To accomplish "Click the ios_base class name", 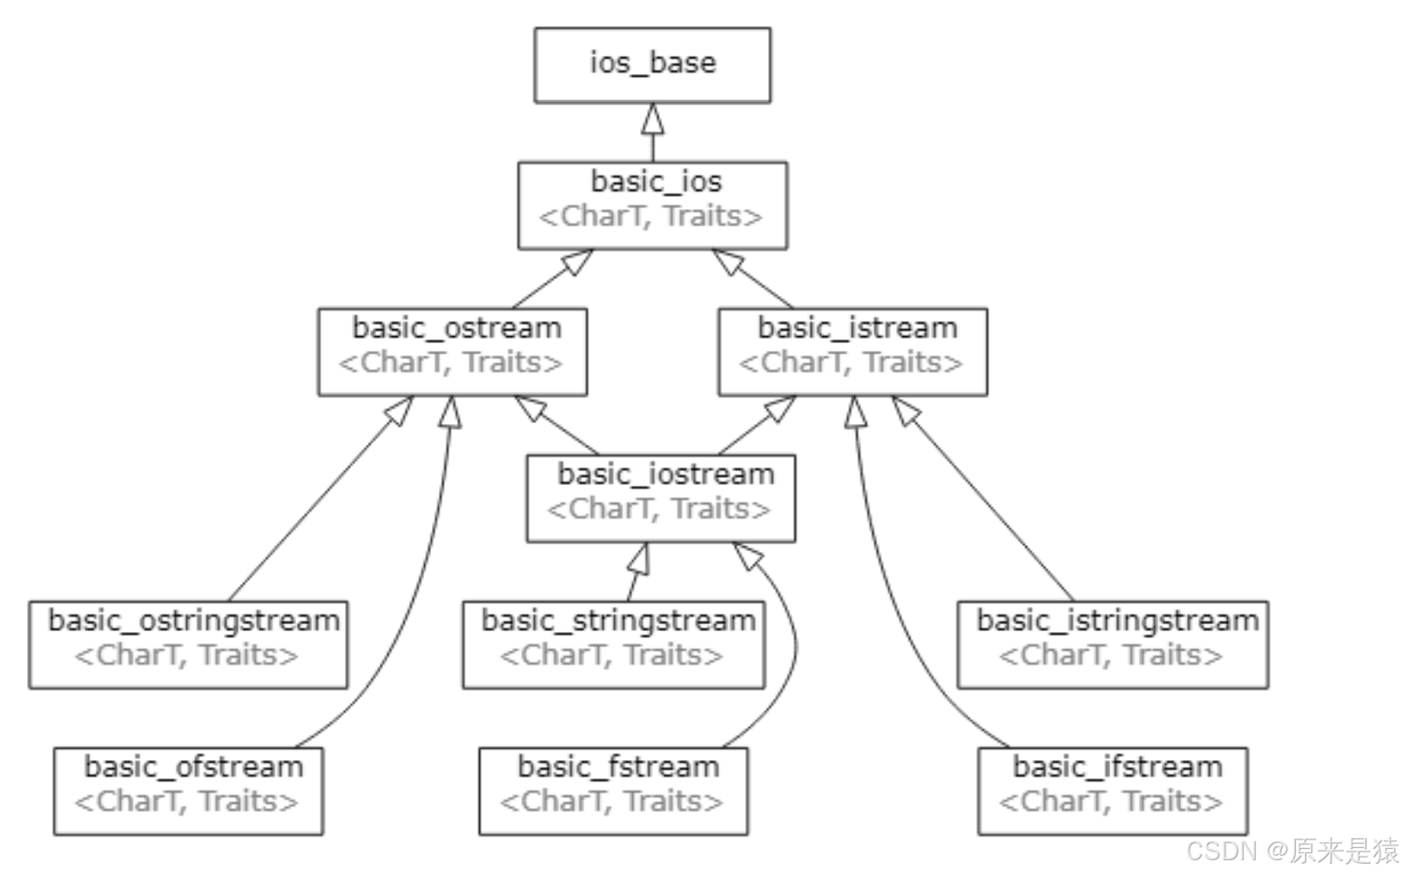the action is pos(652,63).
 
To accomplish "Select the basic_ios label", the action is pos(657,182).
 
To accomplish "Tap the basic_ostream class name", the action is pos(456,328).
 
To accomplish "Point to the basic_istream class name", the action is pos(858,328).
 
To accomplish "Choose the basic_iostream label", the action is pos(666,475).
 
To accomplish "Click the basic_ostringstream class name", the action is pos(194,622).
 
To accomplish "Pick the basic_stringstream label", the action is pos(618,622).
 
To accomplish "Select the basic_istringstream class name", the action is pos(1118,622).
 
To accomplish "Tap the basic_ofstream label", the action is pos(193,767).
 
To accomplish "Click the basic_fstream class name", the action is pos(618,767).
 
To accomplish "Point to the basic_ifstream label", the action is pos(1117,767).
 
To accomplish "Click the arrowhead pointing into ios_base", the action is pos(652,118).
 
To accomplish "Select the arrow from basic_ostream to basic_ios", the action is pos(552,279).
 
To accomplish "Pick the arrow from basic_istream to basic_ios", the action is pos(752,279).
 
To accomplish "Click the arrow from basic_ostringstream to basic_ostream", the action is pos(320,499).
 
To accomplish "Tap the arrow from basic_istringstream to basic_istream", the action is pos(982,499).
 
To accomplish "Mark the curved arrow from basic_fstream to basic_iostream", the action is pos(796,645).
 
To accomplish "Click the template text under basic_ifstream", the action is pos(1110,801).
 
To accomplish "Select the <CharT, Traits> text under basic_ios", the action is pos(651,216).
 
